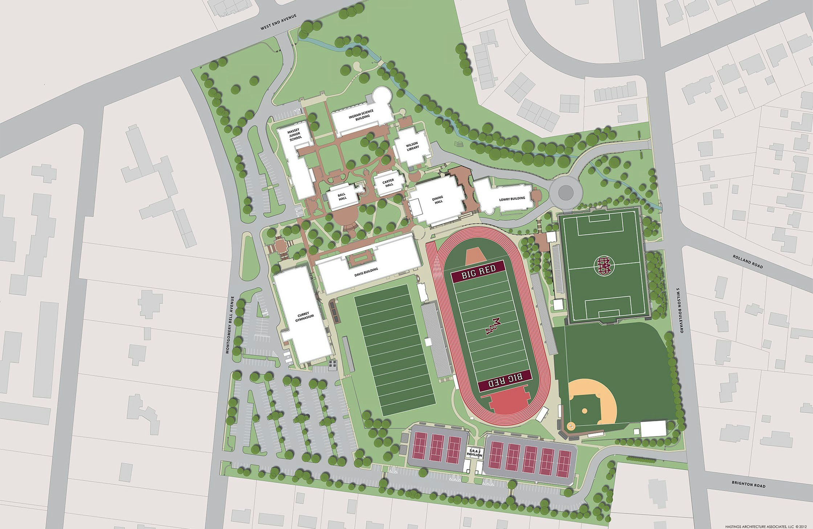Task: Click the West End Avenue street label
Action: (x=279, y=22)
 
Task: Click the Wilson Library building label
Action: (x=412, y=145)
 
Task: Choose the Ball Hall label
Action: (x=342, y=197)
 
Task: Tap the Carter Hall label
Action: (x=389, y=183)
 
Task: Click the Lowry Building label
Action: (x=512, y=199)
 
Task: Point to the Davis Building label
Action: (x=366, y=272)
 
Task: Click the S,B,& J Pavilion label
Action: (x=474, y=453)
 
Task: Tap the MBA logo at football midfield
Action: (x=489, y=326)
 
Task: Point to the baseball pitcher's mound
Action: (x=584, y=411)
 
